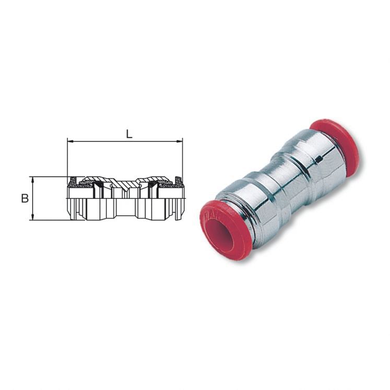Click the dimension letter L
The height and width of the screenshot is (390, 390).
point(129,134)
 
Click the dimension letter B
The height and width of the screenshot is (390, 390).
point(24,198)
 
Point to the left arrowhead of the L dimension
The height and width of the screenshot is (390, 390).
point(70,141)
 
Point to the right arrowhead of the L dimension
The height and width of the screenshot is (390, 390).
point(180,141)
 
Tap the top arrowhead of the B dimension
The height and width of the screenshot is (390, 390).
point(33,179)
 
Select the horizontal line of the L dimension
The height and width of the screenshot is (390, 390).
point(125,141)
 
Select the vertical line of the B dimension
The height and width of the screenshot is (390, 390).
point(33,198)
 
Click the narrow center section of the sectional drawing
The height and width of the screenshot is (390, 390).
point(125,198)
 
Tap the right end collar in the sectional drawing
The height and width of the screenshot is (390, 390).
point(179,198)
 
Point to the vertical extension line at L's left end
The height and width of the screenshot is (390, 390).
point(67,157)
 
